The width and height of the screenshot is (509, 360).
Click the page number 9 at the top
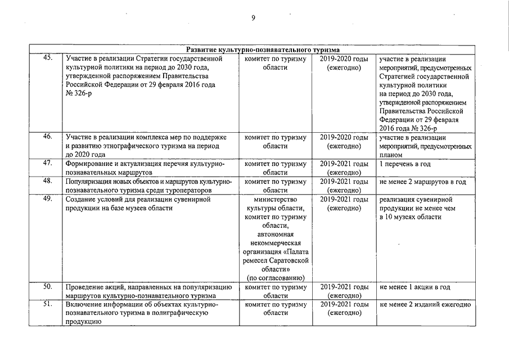point(253,18)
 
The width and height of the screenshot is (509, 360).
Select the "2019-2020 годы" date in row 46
point(344,137)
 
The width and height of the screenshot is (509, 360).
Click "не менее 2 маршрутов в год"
point(423,182)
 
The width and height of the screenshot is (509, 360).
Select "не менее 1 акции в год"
point(415,287)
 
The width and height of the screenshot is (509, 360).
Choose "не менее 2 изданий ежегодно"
point(425,305)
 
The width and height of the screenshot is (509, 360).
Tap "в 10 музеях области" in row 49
point(410,217)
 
